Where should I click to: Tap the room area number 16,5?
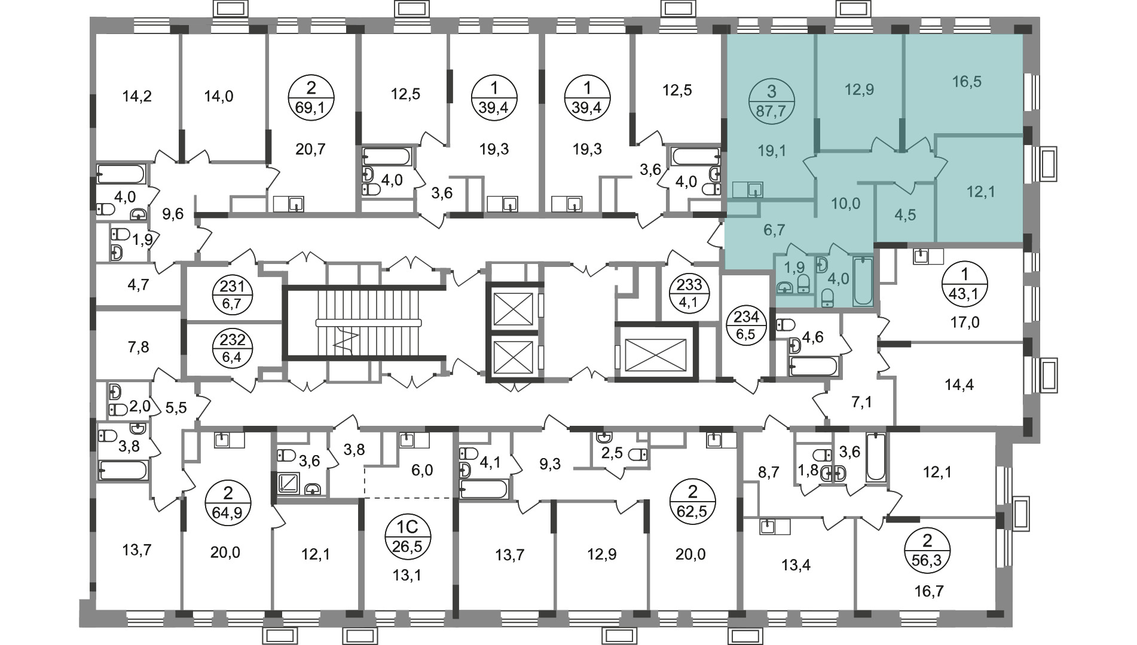click(x=966, y=81)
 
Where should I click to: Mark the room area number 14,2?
click(x=137, y=96)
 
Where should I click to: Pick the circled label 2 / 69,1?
click(x=311, y=102)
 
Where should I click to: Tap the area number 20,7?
click(x=311, y=149)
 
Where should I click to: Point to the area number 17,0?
click(x=965, y=323)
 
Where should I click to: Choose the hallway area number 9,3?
click(x=549, y=465)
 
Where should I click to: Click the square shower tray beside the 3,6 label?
click(x=289, y=482)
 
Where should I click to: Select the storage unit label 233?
click(x=685, y=292)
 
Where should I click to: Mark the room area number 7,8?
click(x=139, y=346)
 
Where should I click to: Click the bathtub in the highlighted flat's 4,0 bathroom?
click(x=863, y=281)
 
